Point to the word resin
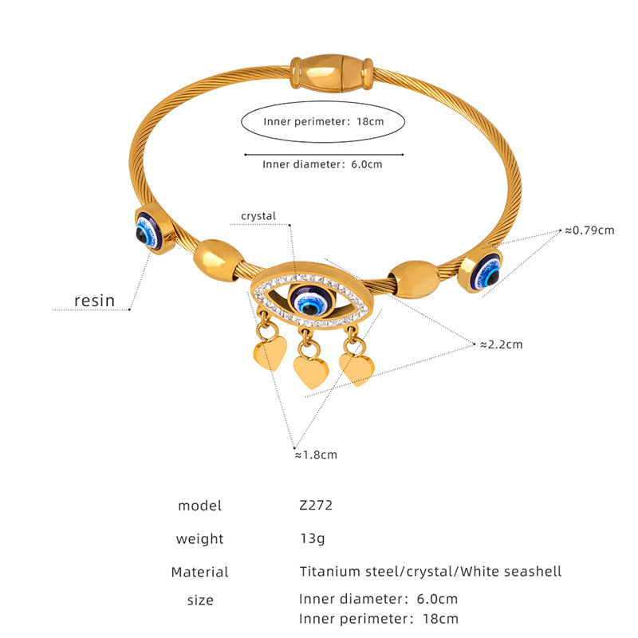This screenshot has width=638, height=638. click(94, 300)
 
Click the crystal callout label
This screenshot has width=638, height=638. click(258, 216)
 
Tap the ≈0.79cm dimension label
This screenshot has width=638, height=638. click(589, 230)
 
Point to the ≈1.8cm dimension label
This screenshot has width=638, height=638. click(316, 455)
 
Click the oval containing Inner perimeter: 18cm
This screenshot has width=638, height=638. click(323, 122)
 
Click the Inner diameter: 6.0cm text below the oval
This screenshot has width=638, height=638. click(322, 165)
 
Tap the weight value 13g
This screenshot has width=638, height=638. click(313, 538)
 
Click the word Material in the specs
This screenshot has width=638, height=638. click(199, 572)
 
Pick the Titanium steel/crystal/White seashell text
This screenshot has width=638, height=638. click(431, 571)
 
